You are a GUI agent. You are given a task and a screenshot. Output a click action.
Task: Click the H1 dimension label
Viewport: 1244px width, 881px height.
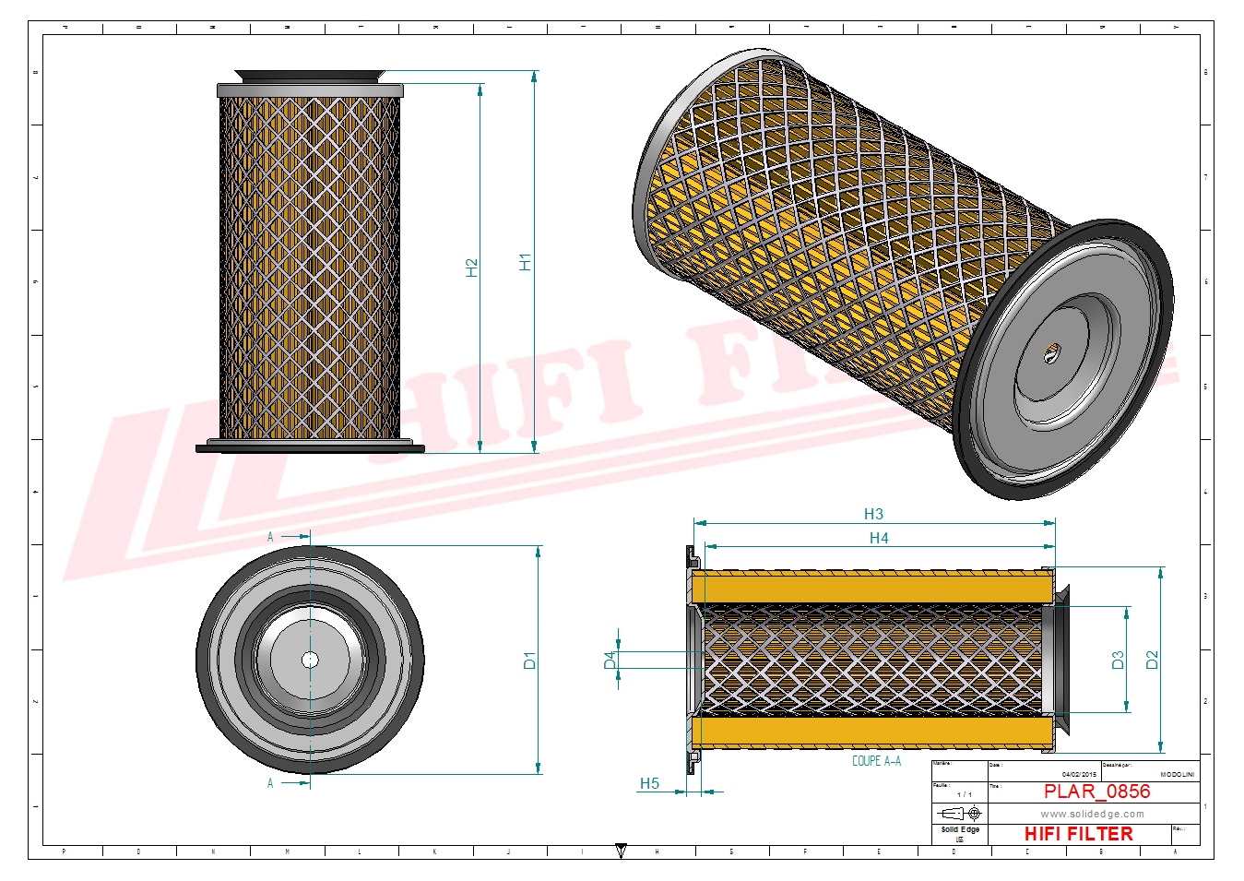(526, 262)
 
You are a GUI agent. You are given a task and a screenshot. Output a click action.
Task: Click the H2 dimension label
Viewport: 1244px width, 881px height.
(472, 268)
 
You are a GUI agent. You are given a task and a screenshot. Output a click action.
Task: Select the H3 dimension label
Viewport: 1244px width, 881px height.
(873, 514)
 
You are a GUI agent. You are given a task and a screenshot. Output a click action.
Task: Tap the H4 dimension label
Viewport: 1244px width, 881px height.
(879, 538)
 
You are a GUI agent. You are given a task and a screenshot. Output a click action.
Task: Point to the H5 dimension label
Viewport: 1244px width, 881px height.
(649, 783)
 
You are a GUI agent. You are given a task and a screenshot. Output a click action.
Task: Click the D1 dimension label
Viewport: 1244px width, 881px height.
(529, 661)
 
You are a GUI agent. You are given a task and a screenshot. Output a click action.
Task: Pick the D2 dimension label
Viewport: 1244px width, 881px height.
(1152, 660)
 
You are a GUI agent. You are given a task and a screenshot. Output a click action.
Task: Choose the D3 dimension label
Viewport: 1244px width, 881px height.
(1118, 661)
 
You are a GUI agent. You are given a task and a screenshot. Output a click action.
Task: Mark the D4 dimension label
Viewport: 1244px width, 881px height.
(610, 660)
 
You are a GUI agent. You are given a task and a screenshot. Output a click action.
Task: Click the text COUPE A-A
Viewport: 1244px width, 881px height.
(876, 761)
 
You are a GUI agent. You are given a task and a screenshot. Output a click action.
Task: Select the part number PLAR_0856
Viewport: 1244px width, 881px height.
(1096, 792)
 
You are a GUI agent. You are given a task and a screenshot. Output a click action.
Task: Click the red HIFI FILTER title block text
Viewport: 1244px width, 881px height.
(1078, 834)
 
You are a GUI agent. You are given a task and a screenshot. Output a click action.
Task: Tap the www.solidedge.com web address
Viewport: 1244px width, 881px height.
(1092, 814)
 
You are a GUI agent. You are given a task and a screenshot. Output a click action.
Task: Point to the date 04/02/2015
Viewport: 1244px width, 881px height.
(1079, 774)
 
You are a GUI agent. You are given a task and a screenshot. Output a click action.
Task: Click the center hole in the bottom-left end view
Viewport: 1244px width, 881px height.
(310, 659)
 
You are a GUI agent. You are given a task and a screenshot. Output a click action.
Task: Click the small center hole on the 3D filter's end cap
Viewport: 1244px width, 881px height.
(1052, 351)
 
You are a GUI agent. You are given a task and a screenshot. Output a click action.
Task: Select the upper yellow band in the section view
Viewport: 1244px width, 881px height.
(872, 586)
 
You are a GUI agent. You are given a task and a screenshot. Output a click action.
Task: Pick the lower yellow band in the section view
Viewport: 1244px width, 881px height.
(872, 732)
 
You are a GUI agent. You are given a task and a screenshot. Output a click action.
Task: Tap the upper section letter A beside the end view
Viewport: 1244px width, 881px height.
(270, 537)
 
